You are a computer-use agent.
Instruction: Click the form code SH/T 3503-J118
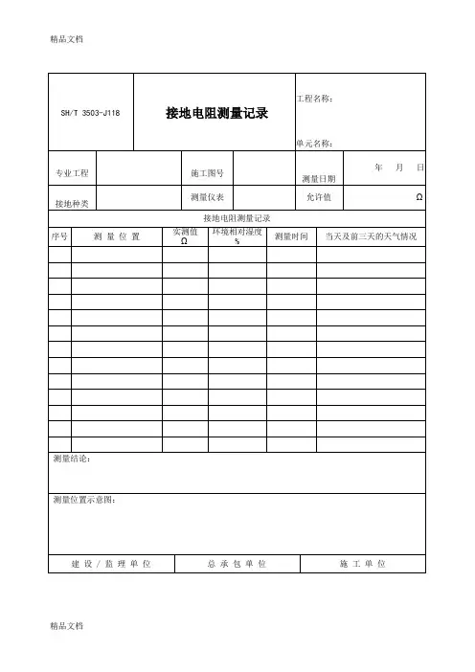point(86,113)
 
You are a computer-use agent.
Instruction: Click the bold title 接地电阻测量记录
point(215,113)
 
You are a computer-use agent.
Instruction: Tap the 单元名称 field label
point(314,143)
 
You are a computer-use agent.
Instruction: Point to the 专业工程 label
point(72,173)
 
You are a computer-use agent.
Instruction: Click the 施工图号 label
point(207,173)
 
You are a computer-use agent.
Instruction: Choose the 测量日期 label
point(318,179)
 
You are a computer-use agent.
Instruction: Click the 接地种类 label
point(72,203)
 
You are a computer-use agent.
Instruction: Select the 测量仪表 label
point(207,197)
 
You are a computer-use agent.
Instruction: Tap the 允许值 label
point(318,197)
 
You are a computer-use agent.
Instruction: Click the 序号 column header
point(58,235)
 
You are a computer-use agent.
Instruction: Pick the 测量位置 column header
point(117,235)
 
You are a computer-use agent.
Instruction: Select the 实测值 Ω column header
point(184,235)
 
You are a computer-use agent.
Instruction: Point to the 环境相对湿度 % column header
point(237,235)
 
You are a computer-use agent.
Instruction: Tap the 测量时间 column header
point(291,235)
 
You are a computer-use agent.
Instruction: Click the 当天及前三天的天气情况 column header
point(371,235)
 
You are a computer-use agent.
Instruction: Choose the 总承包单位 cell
point(237,563)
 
